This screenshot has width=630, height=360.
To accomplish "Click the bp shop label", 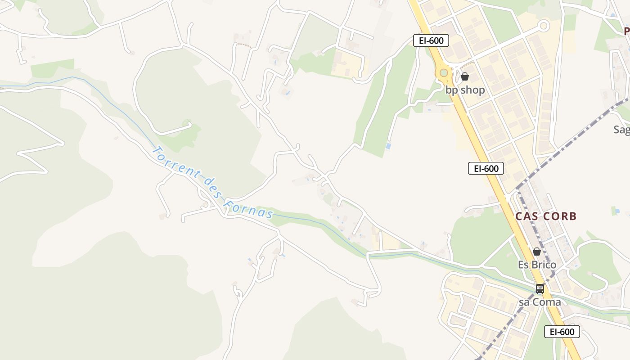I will (465, 90).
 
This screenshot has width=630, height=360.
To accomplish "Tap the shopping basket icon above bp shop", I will (465, 76).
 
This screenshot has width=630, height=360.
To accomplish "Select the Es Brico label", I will (537, 265).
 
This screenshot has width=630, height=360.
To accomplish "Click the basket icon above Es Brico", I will (536, 252).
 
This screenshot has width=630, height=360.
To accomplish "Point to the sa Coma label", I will (540, 302).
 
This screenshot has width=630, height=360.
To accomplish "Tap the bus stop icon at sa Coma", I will (540, 289).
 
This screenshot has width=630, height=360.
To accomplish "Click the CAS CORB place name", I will (546, 216).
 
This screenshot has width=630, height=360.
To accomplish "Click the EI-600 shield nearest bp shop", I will (431, 40).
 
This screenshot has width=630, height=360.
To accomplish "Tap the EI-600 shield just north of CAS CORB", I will (486, 168).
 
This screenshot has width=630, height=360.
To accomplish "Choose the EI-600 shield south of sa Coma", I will (562, 332).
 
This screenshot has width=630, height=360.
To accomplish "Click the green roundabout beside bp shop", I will (444, 73).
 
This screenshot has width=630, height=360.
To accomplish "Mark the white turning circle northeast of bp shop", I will (544, 26).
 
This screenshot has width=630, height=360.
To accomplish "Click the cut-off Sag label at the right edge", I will (621, 130).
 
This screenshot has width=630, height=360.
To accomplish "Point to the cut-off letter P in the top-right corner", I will (626, 31).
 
